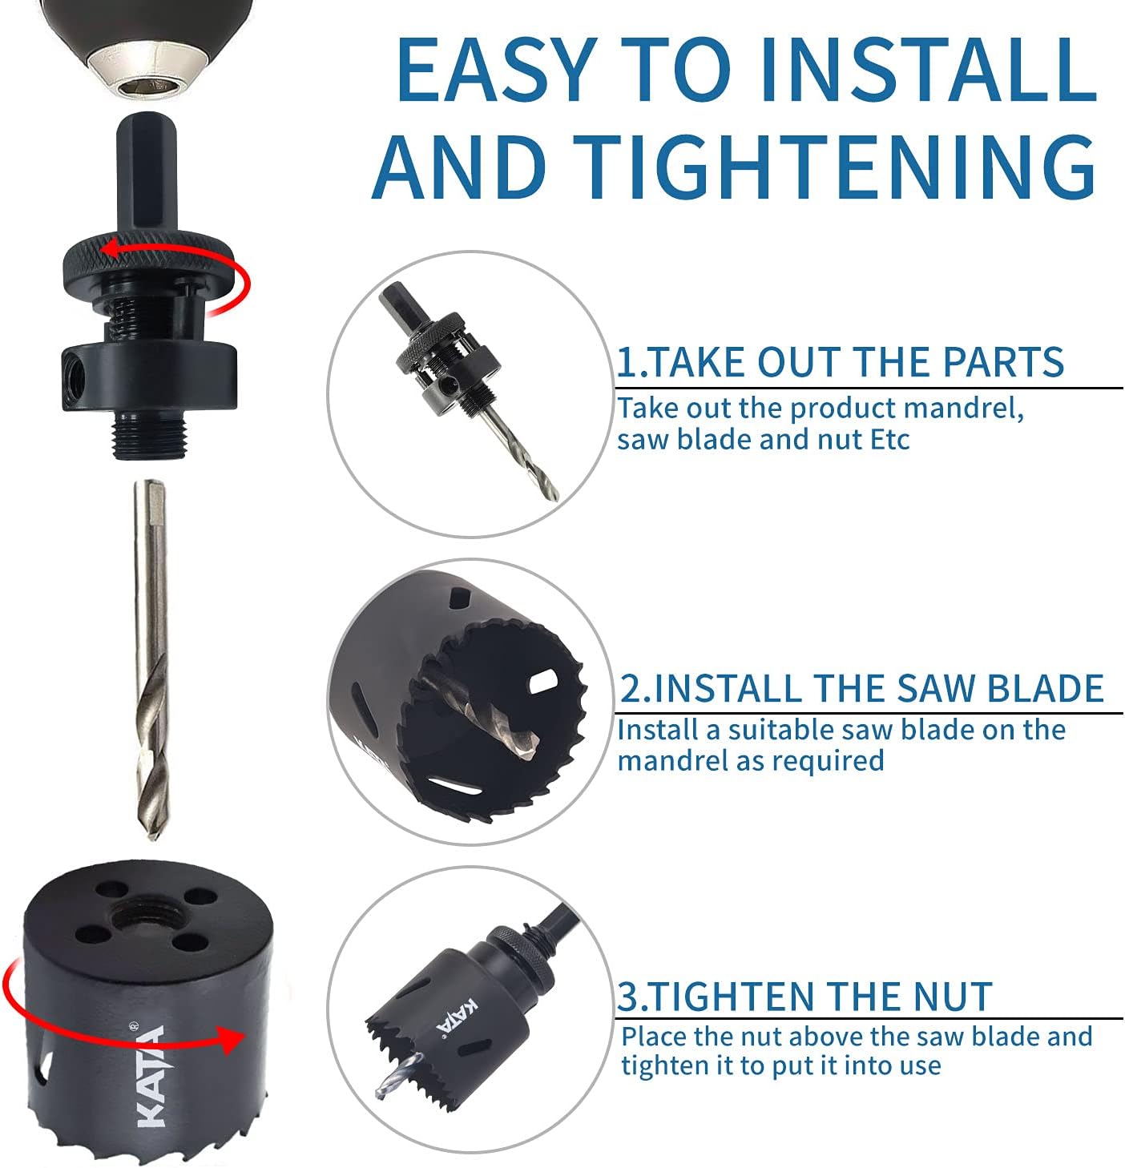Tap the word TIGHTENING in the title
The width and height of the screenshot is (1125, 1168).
pos(835,167)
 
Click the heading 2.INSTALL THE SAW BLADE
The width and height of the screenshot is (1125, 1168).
pos(861,688)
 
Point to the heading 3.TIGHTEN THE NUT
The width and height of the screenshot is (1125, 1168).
pos(804,997)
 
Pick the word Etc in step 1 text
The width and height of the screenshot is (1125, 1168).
pos(889,440)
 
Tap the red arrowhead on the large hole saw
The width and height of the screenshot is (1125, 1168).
pos(231,1040)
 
